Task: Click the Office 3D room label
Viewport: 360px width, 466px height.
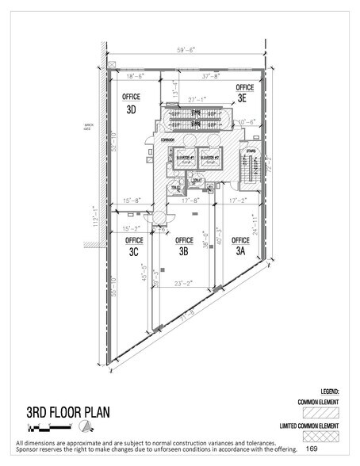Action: click(x=132, y=103)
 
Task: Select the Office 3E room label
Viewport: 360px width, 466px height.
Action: click(x=245, y=93)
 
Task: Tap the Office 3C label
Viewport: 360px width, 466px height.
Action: click(x=135, y=246)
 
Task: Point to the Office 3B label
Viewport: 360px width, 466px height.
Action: click(x=184, y=246)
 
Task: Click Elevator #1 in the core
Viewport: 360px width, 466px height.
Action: click(x=186, y=158)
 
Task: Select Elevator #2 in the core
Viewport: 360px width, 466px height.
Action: click(x=210, y=158)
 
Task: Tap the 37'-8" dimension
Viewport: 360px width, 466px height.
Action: click(x=212, y=77)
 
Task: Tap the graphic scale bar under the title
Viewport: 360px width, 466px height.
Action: click(x=32, y=428)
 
